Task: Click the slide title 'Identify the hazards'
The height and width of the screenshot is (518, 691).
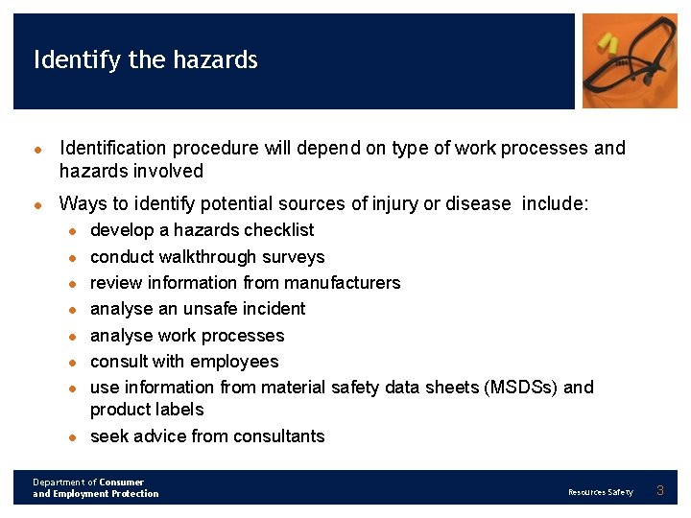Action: pos(145,60)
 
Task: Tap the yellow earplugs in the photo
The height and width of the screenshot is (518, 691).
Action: pos(607,43)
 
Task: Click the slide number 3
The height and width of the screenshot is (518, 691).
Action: pos(659,491)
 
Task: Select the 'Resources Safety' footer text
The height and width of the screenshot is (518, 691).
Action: pos(600,492)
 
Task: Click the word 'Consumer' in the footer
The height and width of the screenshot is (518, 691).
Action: pos(121,483)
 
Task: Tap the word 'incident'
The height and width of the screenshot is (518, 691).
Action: pos(275,309)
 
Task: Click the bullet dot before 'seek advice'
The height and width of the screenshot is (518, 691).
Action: pos(72,437)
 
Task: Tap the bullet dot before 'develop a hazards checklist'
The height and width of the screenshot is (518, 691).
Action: pos(72,231)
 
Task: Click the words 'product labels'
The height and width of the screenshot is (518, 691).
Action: pos(147,410)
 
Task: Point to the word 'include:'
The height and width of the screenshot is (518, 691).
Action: pos(556,203)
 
